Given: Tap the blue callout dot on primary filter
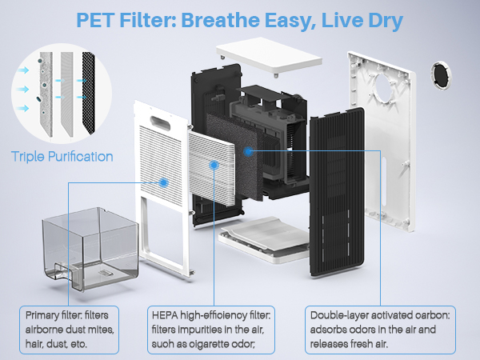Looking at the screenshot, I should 163,182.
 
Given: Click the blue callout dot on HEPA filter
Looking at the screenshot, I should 214,165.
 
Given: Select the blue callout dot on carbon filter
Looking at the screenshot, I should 249,150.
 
